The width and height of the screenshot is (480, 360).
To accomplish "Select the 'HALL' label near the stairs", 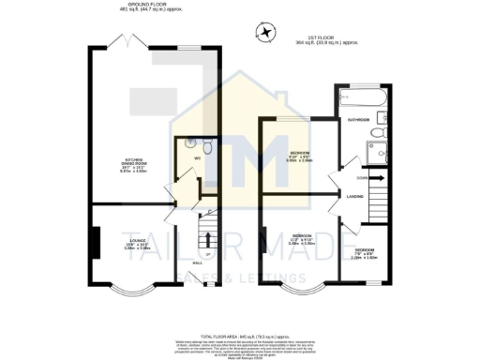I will pos(198,262).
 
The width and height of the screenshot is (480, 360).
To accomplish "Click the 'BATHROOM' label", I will pos(358,121).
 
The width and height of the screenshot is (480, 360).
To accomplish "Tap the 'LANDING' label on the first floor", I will pos(355,196).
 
